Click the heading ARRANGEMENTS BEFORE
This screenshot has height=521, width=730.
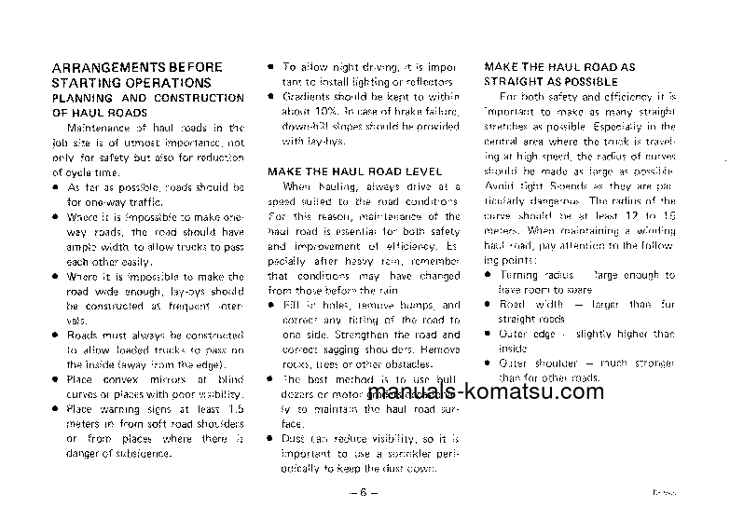click(136, 68)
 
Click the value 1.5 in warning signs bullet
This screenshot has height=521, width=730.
click(235, 409)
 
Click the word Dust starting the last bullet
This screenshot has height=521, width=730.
click(294, 438)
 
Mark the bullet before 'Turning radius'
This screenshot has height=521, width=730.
click(490, 276)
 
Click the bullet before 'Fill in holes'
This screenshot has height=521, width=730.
click(270, 305)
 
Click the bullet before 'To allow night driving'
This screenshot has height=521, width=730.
click(270, 68)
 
